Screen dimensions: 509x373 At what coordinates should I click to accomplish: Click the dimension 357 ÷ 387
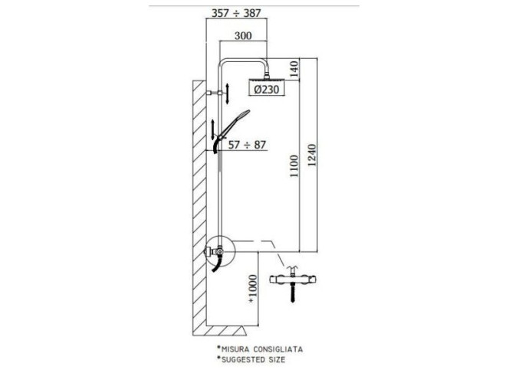pos(236,13)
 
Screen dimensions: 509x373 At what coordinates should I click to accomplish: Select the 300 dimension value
pos(243,35)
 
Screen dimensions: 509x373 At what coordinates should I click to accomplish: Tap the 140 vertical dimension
pos(294,69)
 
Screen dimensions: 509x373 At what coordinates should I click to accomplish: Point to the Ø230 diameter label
pos(267,89)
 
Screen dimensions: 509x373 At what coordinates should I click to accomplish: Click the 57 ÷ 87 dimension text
pos(247,145)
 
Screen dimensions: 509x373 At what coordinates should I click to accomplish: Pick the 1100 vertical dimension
pos(294,165)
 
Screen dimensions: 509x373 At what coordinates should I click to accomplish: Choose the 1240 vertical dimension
pos(312,155)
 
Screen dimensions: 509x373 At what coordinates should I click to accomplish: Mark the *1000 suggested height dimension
pos(252,290)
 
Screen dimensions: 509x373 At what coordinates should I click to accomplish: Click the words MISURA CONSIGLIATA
pos(261,349)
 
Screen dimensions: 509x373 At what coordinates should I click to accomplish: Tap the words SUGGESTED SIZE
pos(253,359)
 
